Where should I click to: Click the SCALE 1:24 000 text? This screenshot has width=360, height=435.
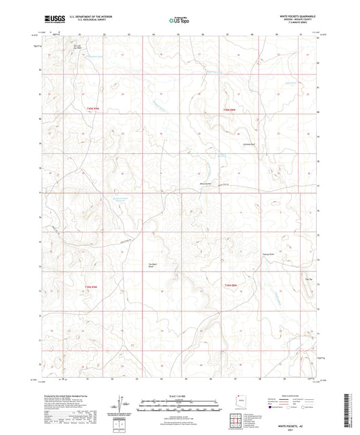[179, 394]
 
